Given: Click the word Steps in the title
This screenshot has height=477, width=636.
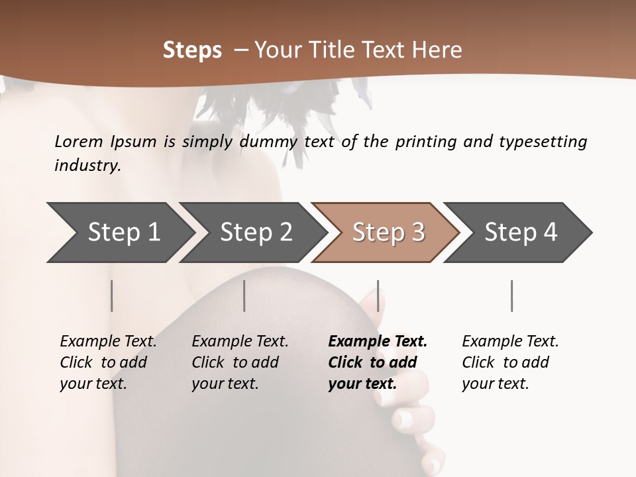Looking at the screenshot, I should (x=192, y=50).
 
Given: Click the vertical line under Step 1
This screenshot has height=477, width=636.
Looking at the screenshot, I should (x=112, y=295).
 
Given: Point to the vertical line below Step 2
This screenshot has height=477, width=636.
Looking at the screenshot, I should (x=244, y=295).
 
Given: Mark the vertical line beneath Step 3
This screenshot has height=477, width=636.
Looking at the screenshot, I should (x=378, y=295).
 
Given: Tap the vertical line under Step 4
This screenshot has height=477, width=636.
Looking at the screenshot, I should (x=511, y=295).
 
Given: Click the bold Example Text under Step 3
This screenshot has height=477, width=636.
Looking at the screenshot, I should (x=378, y=362).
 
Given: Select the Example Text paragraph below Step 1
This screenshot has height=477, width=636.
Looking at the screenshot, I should (x=108, y=362).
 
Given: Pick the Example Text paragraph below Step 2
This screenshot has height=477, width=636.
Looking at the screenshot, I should (x=240, y=362).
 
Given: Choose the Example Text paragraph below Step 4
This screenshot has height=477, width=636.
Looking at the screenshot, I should (x=510, y=362).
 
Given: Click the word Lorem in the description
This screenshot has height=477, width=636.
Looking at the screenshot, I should (x=78, y=142).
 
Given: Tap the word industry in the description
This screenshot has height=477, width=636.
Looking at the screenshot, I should (x=87, y=166).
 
